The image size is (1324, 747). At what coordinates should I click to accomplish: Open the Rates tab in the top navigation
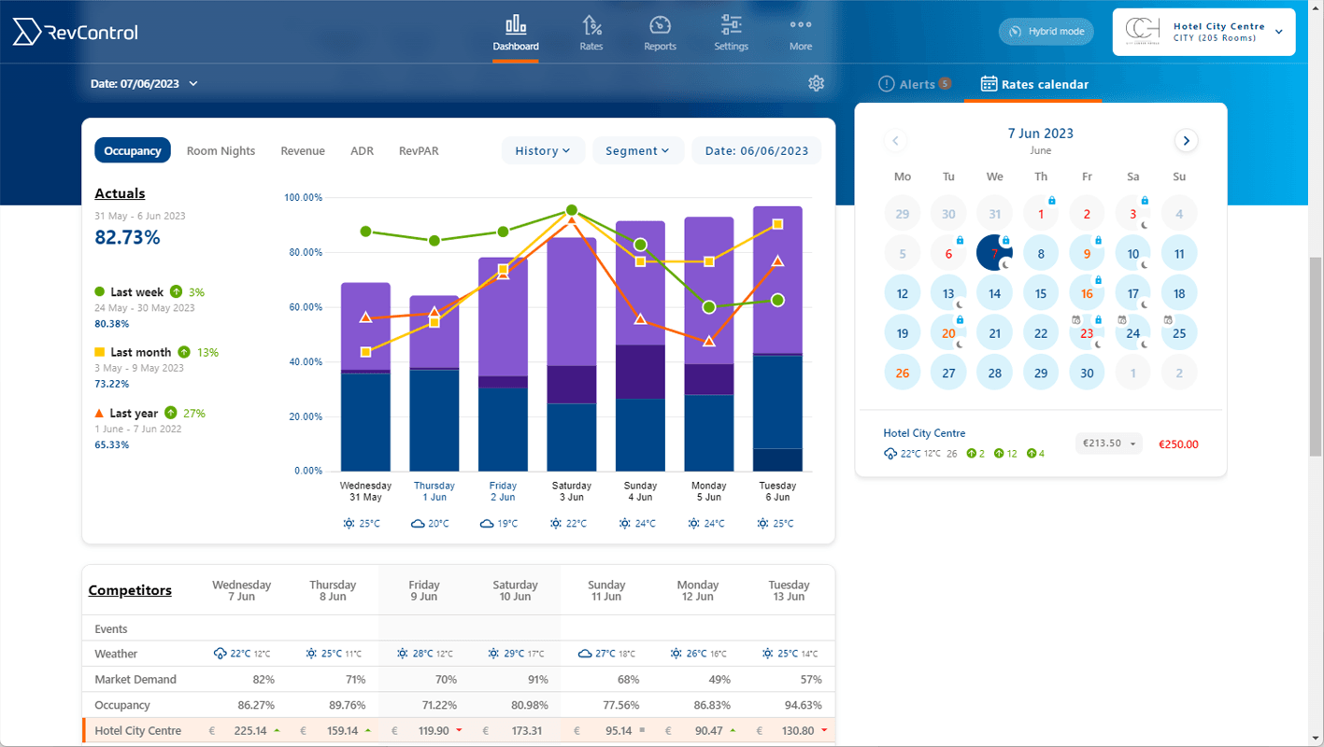click(591, 34)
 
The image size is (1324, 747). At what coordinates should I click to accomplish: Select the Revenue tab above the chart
click(303, 151)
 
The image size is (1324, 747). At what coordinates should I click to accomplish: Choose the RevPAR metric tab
click(418, 151)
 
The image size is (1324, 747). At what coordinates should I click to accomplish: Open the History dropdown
click(543, 151)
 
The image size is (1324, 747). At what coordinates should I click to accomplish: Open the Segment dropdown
click(637, 151)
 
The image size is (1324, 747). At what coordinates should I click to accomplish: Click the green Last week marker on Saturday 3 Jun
click(572, 210)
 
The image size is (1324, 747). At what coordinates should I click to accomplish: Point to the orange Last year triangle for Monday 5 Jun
click(709, 342)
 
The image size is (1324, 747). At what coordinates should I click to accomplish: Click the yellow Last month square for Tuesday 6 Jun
click(777, 224)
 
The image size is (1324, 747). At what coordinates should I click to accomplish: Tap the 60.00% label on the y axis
click(303, 307)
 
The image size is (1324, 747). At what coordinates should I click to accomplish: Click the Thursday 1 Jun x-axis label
click(434, 491)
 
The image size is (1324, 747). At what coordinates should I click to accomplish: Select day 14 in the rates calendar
click(994, 293)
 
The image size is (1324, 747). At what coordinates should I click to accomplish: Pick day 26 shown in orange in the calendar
click(902, 373)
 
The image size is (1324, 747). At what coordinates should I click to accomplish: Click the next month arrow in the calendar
click(1186, 141)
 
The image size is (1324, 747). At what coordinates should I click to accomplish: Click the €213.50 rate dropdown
click(1108, 444)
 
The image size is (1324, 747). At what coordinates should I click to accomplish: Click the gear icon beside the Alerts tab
click(816, 84)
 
